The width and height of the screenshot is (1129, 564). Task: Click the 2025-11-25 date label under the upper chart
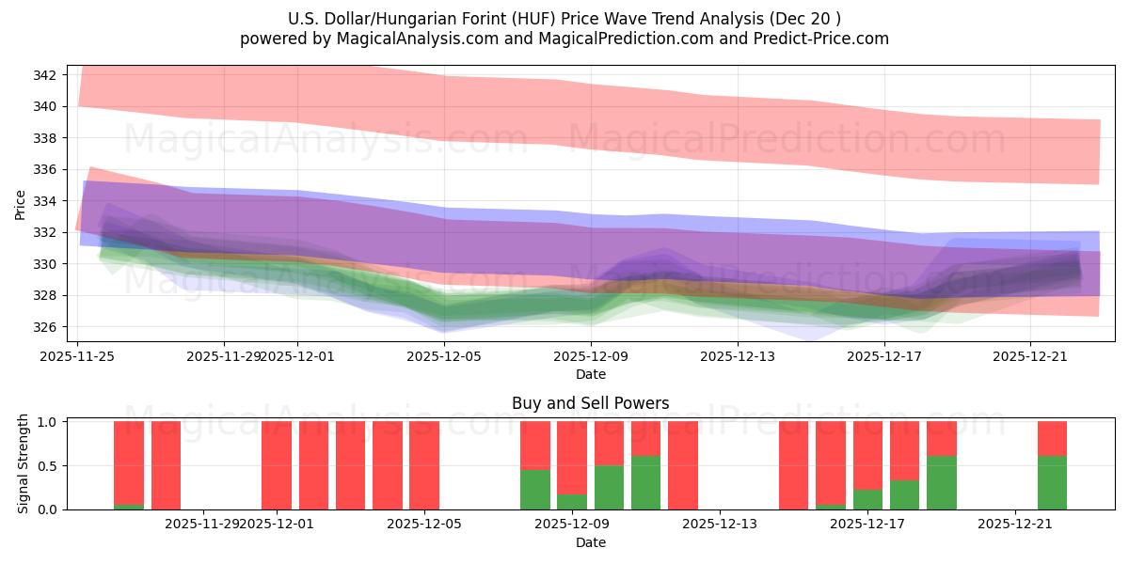click(x=77, y=356)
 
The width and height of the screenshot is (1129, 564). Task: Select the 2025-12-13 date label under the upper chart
click(x=737, y=356)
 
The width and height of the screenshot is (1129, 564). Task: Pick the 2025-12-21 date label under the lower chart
click(x=1015, y=525)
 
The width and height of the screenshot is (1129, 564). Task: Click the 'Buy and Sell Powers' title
click(x=590, y=403)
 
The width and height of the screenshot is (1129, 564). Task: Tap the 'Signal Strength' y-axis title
click(x=24, y=464)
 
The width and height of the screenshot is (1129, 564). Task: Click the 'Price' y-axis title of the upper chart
click(x=21, y=204)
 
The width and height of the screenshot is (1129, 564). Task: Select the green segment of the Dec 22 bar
click(x=1052, y=482)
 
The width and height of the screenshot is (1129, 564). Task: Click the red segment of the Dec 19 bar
click(x=942, y=438)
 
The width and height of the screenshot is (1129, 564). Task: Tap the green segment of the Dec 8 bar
click(x=535, y=490)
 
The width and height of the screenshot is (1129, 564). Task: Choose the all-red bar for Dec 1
click(x=277, y=465)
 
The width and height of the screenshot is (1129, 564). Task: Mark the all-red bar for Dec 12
click(x=683, y=465)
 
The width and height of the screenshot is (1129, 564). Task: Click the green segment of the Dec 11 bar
click(x=645, y=482)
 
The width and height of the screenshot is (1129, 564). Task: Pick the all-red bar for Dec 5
click(x=424, y=465)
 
